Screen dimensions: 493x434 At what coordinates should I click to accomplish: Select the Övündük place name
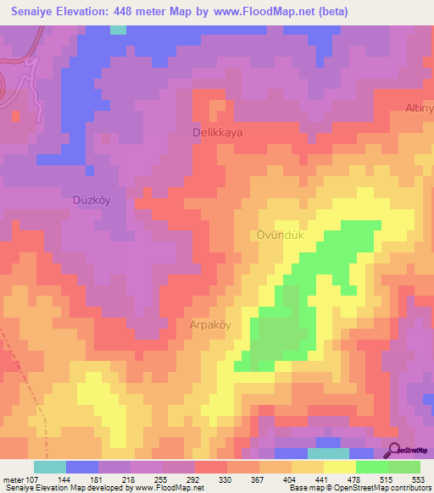(275, 235)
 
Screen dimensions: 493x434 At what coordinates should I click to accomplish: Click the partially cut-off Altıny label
(419, 108)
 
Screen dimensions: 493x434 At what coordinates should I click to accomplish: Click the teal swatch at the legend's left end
(50, 466)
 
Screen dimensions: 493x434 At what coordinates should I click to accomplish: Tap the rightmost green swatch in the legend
(403, 466)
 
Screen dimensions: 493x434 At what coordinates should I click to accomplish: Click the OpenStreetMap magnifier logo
(393, 451)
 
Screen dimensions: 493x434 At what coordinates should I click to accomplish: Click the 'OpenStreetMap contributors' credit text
(387, 488)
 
